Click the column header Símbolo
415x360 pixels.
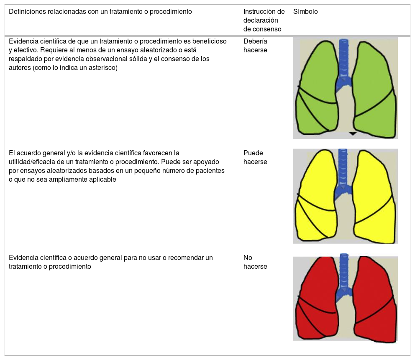coord(305,12)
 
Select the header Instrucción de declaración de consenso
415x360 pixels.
coord(264,20)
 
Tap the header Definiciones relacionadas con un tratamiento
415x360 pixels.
coord(100,12)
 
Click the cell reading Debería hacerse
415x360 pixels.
coord(255,46)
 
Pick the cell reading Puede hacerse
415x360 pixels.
coord(255,157)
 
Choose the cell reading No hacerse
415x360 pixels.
coord(255,262)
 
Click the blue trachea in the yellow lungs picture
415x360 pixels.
coord(343,172)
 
